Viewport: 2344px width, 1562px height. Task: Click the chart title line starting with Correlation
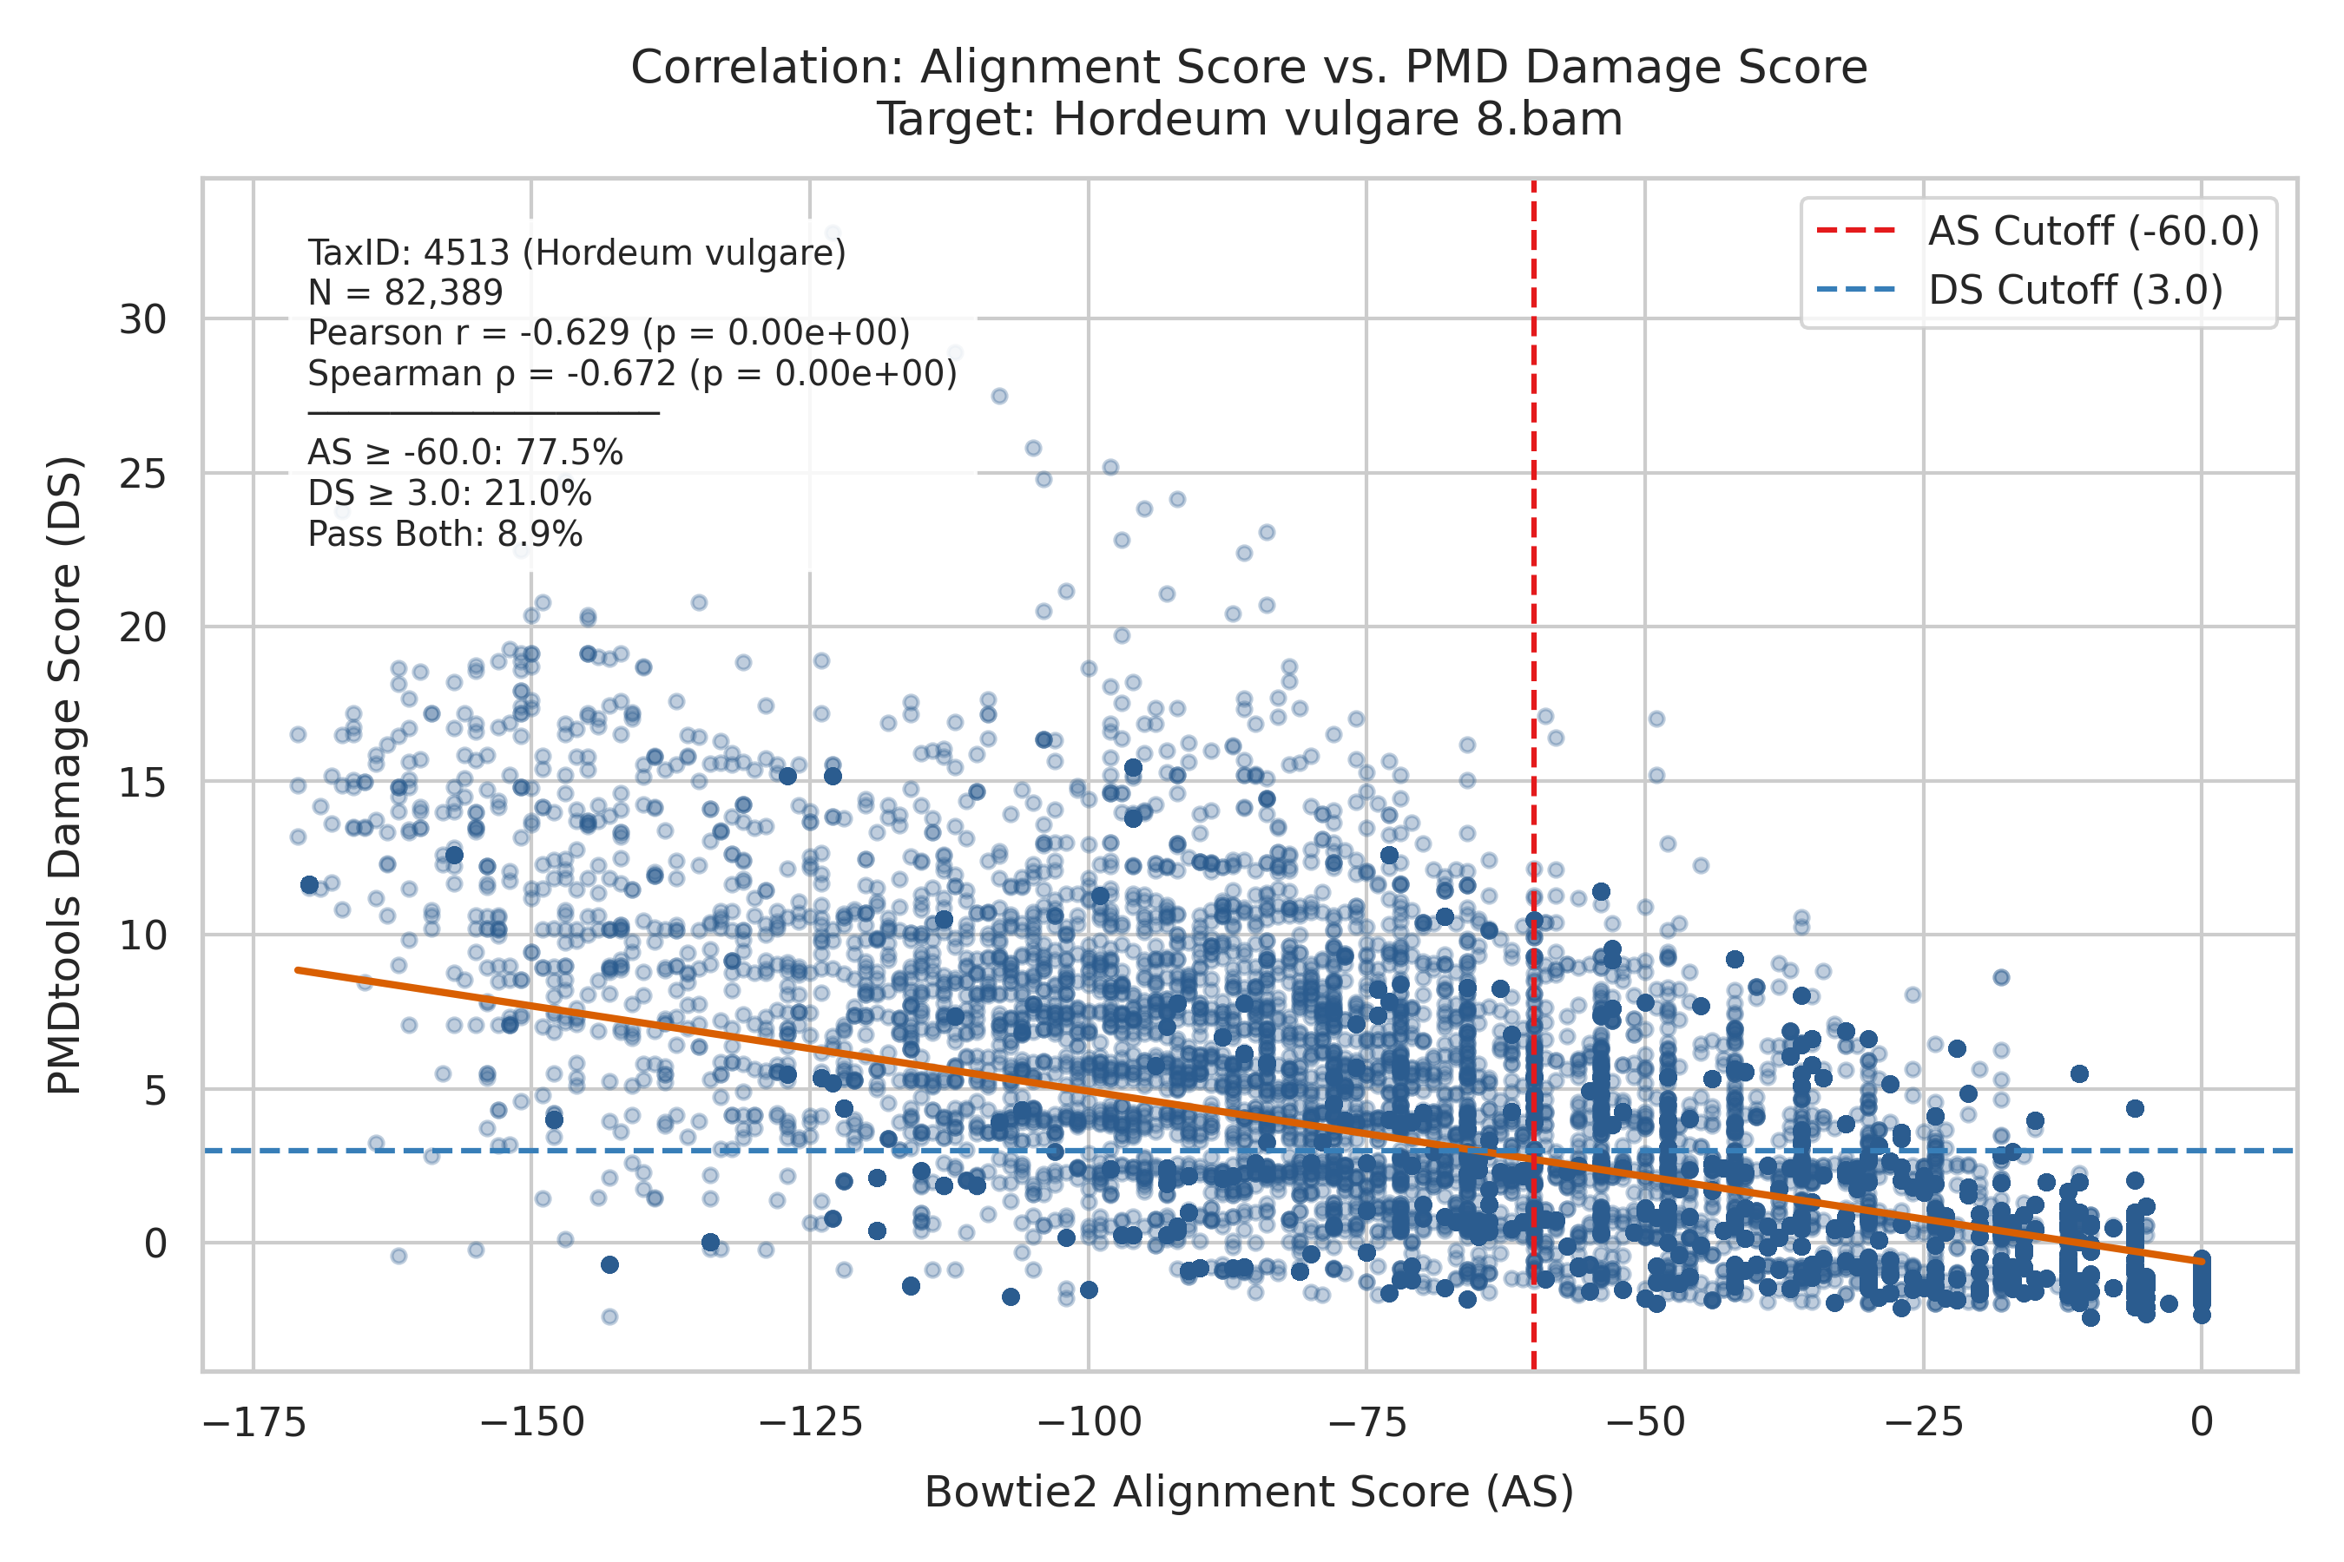(1248, 68)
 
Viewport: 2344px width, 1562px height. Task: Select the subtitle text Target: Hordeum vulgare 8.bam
(1248, 120)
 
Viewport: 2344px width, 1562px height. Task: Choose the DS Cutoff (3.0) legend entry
(2019, 290)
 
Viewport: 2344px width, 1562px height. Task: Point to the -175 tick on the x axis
(253, 1421)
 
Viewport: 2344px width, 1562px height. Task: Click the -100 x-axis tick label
(1089, 1421)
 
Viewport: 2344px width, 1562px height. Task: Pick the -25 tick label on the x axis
(1924, 1421)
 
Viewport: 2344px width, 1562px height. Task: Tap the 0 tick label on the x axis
(2202, 1421)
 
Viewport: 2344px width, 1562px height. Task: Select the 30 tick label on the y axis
(142, 319)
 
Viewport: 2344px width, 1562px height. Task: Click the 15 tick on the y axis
(142, 782)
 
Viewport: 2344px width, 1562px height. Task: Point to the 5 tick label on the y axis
(155, 1091)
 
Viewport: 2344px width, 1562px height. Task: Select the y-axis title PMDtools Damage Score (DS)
(65, 776)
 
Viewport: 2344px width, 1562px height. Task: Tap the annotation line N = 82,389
(405, 293)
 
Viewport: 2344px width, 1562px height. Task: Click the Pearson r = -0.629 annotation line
(609, 332)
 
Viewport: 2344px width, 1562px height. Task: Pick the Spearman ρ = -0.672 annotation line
(633, 373)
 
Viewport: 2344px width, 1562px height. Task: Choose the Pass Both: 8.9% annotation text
(445, 535)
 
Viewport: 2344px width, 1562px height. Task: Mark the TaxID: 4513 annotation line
(577, 253)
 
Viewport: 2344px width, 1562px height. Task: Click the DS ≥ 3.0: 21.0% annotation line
(450, 494)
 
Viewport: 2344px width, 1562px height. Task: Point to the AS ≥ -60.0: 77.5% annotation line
(465, 453)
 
